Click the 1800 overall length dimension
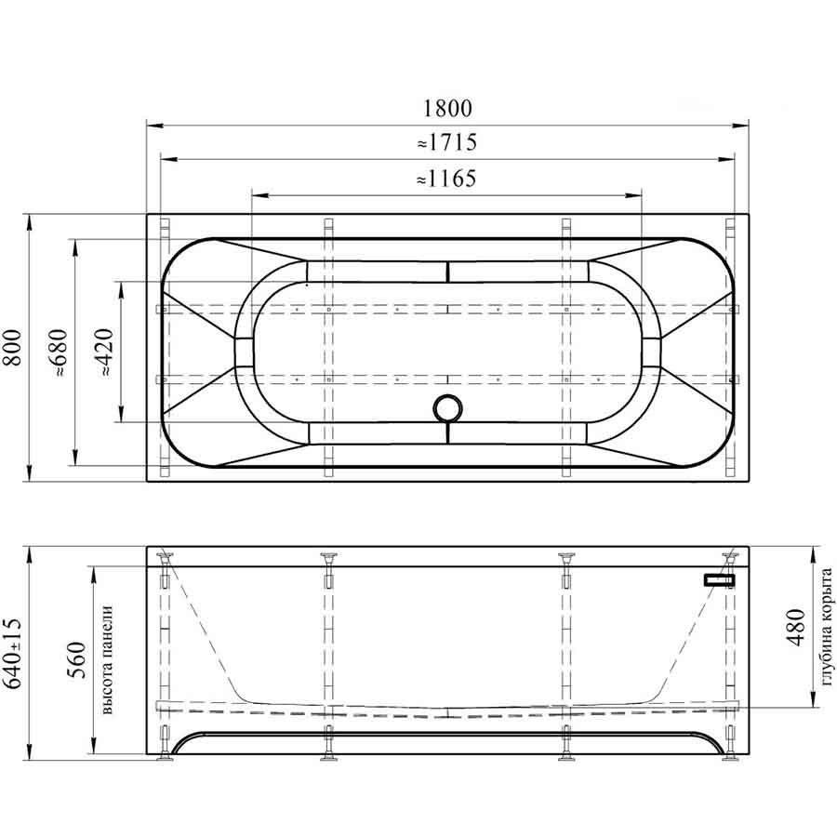click(447, 109)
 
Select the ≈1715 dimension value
click(447, 142)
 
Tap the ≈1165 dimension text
click(446, 179)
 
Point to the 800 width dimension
click(12, 348)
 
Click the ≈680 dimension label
click(60, 352)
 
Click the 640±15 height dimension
click(12, 654)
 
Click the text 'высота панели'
click(107, 659)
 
